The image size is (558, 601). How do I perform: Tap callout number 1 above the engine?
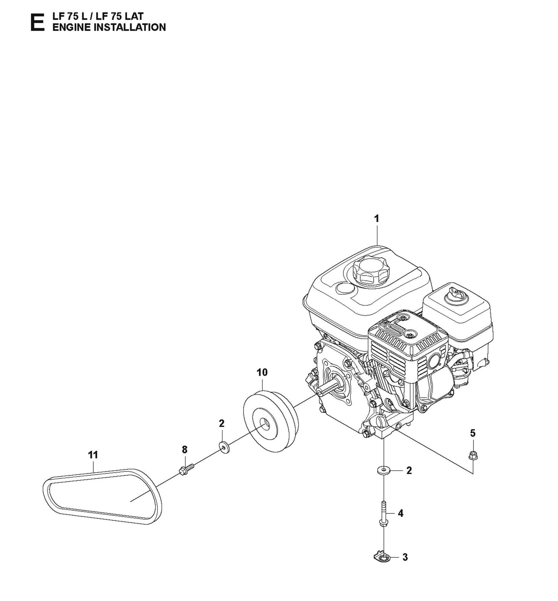point(377,219)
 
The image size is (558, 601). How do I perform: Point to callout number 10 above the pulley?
point(262,372)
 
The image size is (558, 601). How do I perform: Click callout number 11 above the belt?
point(93,455)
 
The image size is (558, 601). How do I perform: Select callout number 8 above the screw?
point(185,449)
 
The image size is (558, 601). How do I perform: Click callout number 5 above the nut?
point(473,433)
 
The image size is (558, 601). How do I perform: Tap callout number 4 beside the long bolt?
point(400,513)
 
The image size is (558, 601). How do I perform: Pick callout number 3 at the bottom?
point(405,557)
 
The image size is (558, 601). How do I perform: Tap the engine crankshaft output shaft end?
point(320,392)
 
